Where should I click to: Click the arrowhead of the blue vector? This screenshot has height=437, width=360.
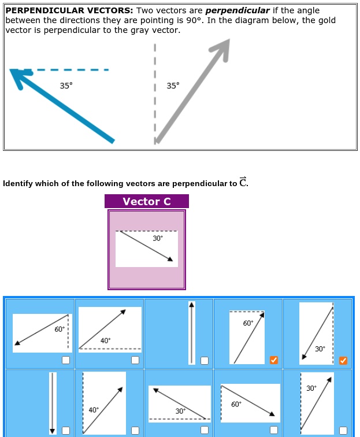pos(16,75)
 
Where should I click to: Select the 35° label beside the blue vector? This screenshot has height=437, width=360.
pos(66,86)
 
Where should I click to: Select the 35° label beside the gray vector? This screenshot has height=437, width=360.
pos(173,86)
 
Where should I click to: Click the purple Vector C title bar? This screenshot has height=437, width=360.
pos(147,201)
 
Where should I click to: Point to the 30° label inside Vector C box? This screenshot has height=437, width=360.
pos(158,238)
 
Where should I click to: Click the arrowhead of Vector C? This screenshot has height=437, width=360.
pos(169,260)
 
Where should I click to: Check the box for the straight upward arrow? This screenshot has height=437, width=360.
pos(205,361)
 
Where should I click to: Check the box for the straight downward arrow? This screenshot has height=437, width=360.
pos(66,430)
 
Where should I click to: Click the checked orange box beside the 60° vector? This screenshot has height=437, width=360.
pos(274,361)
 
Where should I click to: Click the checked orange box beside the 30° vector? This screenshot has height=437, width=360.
pos(343,361)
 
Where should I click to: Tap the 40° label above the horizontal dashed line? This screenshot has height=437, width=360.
pos(105,341)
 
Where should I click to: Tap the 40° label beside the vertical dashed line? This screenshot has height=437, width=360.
pos(94,410)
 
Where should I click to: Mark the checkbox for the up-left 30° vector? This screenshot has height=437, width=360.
pos(205,430)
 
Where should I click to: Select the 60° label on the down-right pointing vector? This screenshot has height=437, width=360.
pos(236,405)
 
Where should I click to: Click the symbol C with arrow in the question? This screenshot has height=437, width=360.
pos(243,183)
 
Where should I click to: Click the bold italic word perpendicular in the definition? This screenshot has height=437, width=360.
pos(237,10)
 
